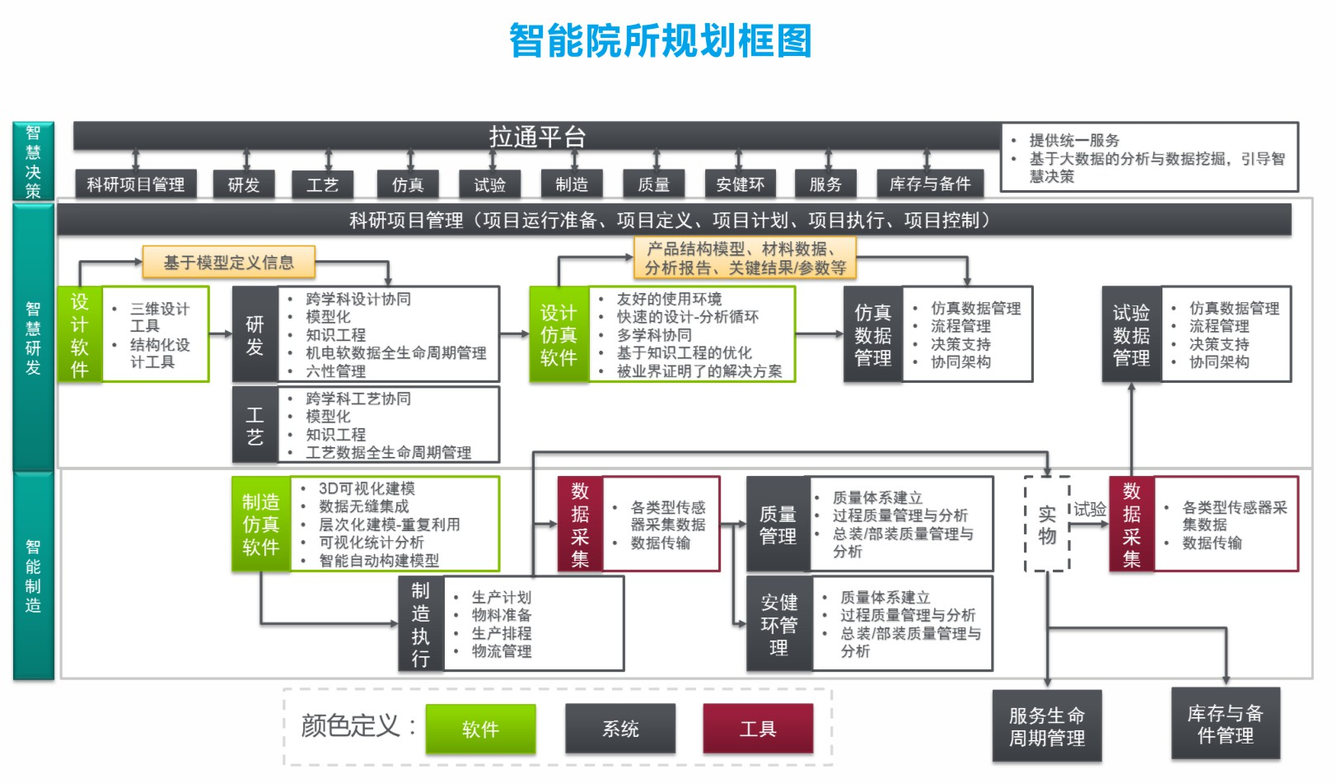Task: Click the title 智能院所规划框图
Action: pos(660,41)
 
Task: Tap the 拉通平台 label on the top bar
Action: pos(537,137)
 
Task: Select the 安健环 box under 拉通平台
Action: pos(740,184)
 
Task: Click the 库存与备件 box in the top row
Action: pos(930,184)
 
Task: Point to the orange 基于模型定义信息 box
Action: pos(228,263)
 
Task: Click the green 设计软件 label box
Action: pos(79,334)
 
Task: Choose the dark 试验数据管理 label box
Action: pos(1131,334)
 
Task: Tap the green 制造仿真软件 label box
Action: pos(260,524)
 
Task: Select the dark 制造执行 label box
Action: pos(420,624)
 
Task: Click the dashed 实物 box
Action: pos(1047,524)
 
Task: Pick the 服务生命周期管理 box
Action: pos(1046,726)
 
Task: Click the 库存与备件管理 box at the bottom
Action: pos(1225,724)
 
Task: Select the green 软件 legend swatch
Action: pos(480,729)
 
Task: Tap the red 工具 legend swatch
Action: pos(757,729)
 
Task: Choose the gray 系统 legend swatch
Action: pos(620,729)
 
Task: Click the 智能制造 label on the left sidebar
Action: pos(33,576)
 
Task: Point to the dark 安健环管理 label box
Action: pos(778,624)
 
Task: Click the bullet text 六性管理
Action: pos(335,371)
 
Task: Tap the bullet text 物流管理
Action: pos(501,651)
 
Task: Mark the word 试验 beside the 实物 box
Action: pos(1089,509)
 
